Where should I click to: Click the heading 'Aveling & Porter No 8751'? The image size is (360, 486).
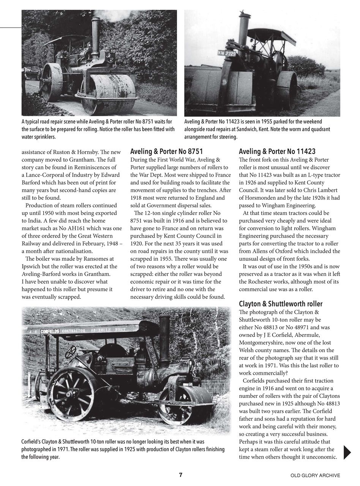pos(166,151)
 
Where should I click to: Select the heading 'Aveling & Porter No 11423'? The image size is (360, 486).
pos(277,151)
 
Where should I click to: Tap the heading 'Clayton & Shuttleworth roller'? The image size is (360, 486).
pos(281,304)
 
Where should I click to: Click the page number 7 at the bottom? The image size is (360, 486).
pos(181,475)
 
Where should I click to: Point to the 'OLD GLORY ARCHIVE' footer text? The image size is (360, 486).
pos(315,475)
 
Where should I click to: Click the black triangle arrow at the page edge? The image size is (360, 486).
pos(347,453)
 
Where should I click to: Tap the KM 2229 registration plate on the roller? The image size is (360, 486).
pos(227,53)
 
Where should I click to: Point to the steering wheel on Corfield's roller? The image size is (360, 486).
pos(71,352)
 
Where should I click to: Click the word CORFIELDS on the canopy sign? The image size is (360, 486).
pos(50,331)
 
